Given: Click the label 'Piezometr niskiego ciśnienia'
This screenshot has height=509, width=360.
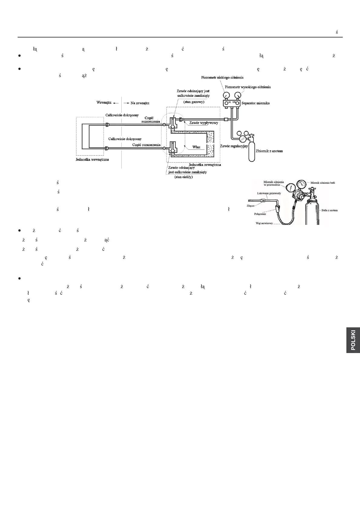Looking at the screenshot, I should click(222, 78).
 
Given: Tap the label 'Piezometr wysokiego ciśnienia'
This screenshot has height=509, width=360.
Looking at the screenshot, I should click(248, 87).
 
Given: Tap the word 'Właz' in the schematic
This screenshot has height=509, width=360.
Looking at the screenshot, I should click(196, 147).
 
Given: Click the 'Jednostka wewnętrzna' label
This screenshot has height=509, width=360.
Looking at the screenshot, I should click(92, 159).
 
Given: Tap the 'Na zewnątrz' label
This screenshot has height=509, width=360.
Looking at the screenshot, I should click(140, 103).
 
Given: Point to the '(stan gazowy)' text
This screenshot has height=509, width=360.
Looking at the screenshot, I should click(194, 102).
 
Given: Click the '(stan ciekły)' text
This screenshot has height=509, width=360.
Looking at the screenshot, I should click(184, 177).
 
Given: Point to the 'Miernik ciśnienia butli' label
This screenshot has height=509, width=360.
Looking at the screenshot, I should click(323, 183).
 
